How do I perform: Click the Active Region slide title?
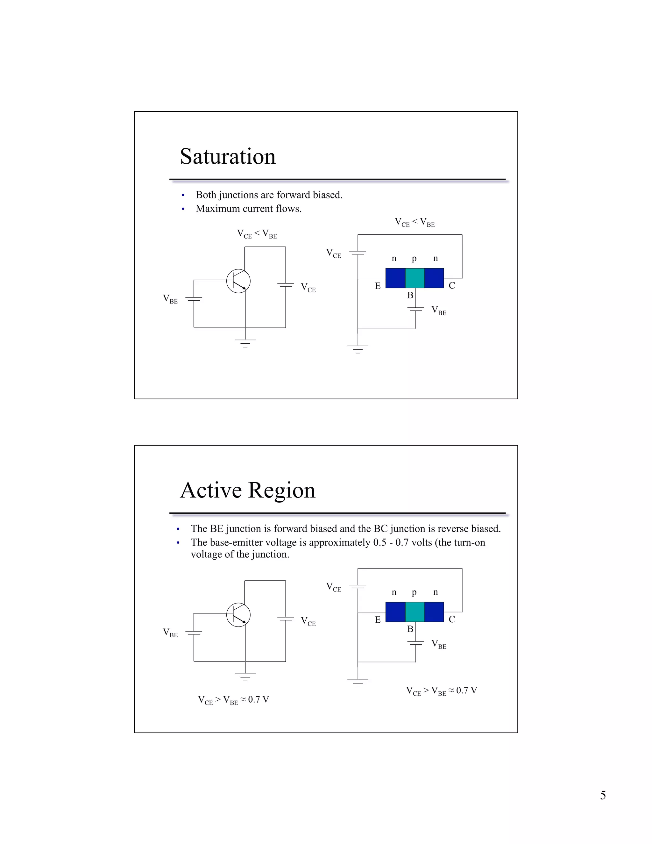coord(248,490)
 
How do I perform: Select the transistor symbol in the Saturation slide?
coord(238,281)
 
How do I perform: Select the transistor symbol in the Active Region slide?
coord(238,615)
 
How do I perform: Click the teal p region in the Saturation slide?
coord(415,278)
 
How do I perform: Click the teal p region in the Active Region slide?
coord(415,612)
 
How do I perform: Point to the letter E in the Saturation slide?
coord(378,286)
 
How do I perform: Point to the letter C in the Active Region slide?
coord(451,619)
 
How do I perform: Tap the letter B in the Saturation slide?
coord(410,296)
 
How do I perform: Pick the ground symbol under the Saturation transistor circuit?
coord(245,343)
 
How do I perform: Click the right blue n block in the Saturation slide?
coord(434,278)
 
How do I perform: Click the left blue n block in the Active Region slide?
coord(395,612)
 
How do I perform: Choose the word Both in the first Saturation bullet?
coord(206,195)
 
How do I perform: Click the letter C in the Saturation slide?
coord(451,286)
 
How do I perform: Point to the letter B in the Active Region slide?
coord(410,629)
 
